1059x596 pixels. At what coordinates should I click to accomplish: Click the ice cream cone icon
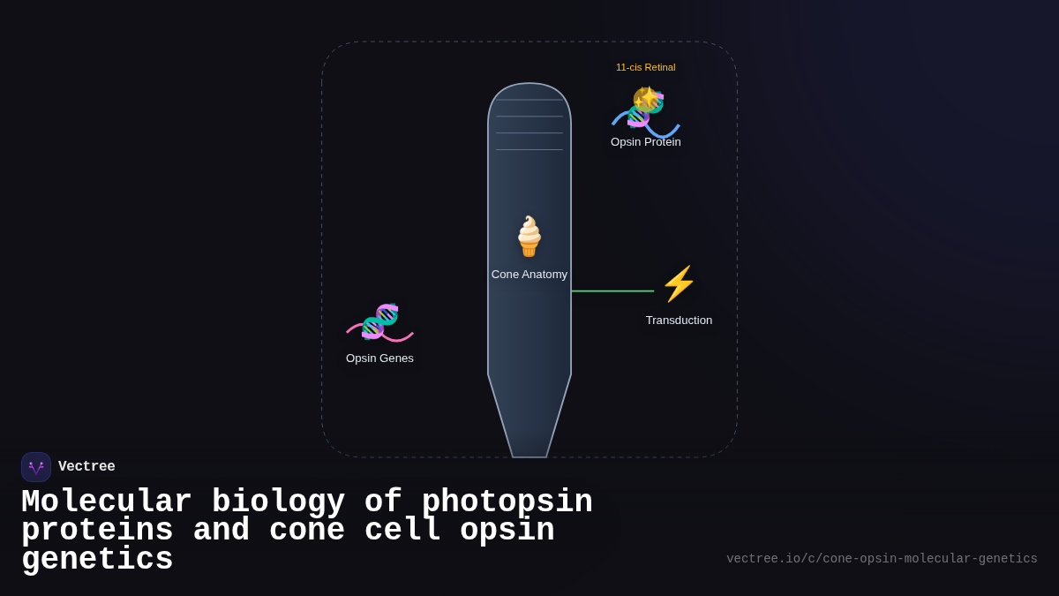coord(529,236)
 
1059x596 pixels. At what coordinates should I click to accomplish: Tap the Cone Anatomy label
coord(529,275)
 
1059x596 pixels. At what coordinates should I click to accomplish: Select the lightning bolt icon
coord(679,284)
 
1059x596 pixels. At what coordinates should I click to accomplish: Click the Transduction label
coord(679,321)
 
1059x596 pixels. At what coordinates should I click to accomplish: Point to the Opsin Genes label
coord(379,358)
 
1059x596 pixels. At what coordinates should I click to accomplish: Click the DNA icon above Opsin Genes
coord(380,321)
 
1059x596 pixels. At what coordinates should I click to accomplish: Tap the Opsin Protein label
coord(646,142)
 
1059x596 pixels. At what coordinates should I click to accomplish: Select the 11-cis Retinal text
coord(645,67)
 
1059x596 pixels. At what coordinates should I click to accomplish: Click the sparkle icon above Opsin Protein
coord(648,97)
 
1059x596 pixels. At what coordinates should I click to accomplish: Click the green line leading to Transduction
coord(612,291)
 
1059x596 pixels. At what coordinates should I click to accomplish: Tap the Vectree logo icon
coord(36,467)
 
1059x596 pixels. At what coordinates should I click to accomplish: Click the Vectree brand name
coord(86,467)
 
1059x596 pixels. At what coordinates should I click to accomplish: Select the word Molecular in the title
coord(106,502)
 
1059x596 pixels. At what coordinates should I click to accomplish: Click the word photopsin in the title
coord(507,502)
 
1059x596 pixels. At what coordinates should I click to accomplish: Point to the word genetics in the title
coord(97,560)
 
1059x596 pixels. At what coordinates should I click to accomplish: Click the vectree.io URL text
coord(882,559)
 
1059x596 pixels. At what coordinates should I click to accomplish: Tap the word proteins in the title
coord(97,531)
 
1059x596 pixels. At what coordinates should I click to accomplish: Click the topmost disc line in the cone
coord(529,100)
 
